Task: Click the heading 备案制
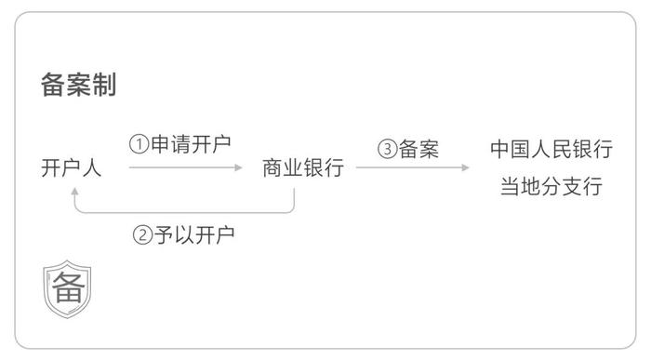[78, 85]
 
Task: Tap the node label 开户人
[72, 168]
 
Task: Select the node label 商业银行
[303, 168]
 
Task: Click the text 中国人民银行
[551, 150]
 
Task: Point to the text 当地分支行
[551, 186]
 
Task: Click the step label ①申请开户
[179, 144]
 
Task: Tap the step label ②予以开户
[184, 233]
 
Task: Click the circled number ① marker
[138, 144]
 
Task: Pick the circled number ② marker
[142, 234]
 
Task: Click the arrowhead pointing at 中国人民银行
[466, 168]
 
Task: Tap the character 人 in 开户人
[93, 168]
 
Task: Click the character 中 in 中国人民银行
[500, 150]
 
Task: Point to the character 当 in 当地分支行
[510, 186]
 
